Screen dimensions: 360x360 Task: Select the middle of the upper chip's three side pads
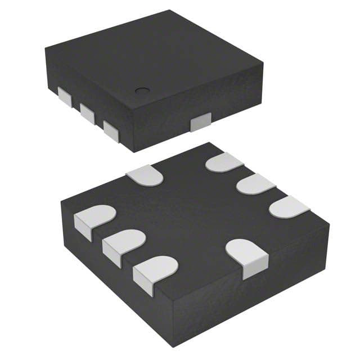[x=87, y=111]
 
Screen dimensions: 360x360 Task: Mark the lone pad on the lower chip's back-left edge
[x=145, y=175]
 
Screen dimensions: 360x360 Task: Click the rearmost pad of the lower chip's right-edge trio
[x=224, y=163]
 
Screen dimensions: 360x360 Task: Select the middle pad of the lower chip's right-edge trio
[x=255, y=184]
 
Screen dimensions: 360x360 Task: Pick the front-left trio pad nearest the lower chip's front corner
[x=155, y=271]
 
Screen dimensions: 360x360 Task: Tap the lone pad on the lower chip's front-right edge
[x=246, y=254]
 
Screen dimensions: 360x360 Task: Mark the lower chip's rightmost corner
[x=329, y=225]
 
